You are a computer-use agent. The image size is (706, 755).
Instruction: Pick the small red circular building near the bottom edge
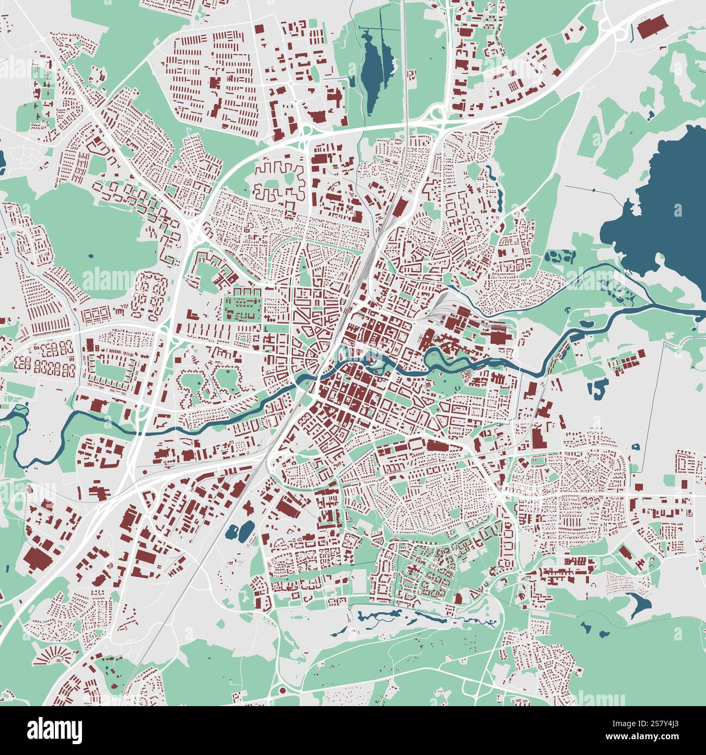281,691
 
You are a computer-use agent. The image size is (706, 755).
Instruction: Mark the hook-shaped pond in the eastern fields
597,388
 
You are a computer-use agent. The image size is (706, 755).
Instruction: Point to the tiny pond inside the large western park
90,255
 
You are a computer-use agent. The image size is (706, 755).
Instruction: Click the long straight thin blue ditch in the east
663,391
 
